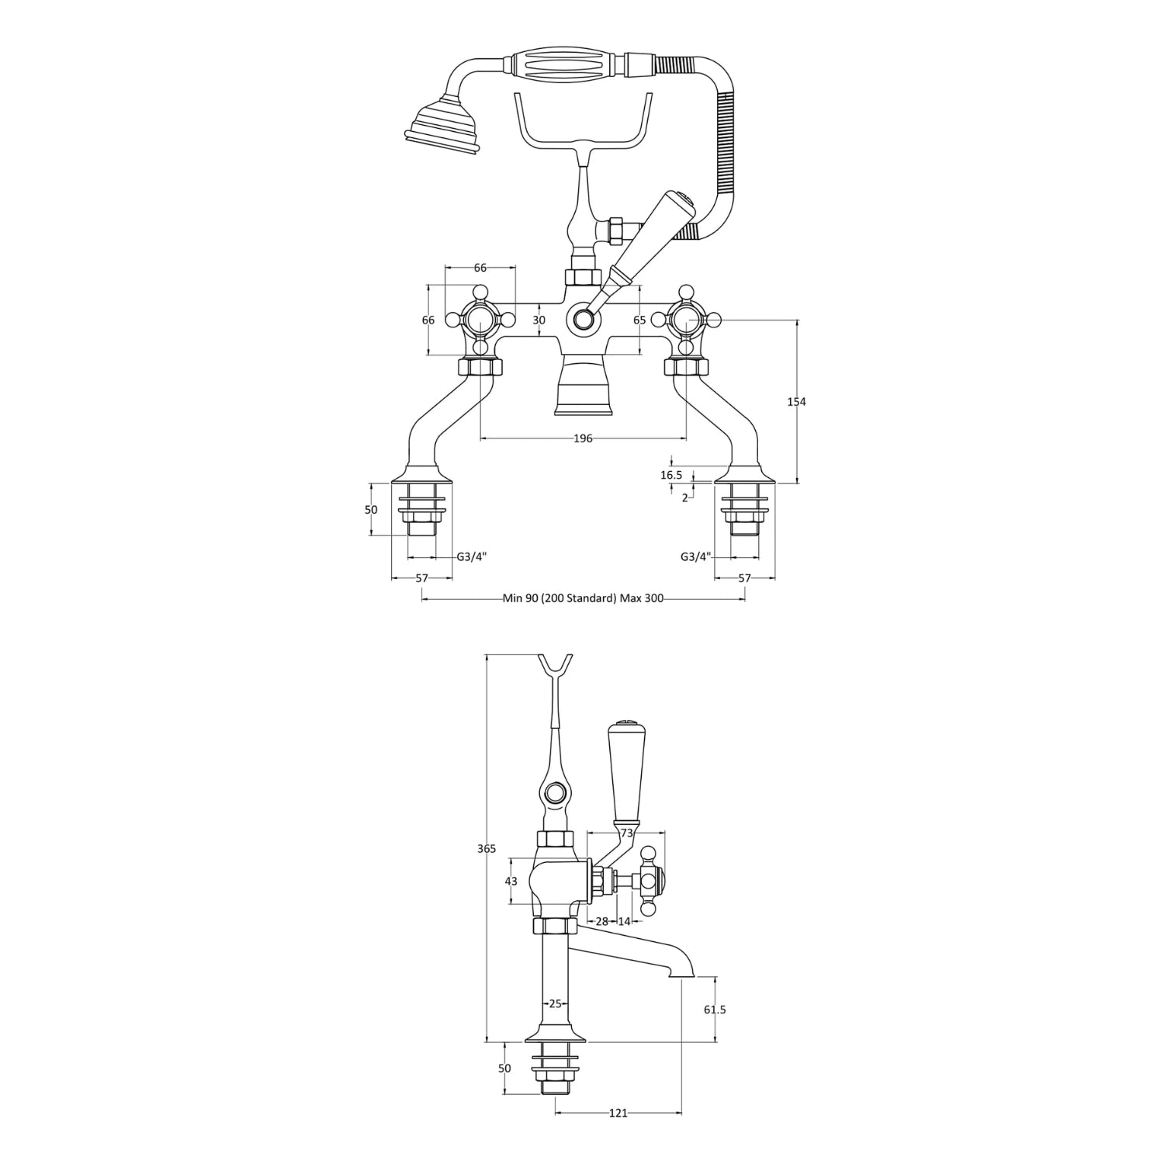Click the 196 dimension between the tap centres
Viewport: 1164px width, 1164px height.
[583, 438]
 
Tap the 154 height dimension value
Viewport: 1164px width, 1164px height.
[796, 401]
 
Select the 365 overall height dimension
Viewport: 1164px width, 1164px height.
[486, 849]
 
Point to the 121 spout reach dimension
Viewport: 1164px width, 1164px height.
[618, 1114]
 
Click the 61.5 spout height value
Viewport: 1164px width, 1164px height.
[715, 1010]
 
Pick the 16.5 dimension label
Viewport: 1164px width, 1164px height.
[671, 475]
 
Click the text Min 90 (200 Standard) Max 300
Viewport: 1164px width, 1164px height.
[583, 598]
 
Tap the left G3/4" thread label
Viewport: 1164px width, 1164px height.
[471, 556]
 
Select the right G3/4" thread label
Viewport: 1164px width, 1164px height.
[695, 556]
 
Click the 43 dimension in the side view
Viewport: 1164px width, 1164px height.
[511, 881]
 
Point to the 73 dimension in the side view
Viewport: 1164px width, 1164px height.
[627, 833]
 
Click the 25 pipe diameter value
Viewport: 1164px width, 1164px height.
[555, 1003]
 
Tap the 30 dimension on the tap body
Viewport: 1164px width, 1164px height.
[539, 320]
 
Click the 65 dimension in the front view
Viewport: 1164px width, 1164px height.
[639, 320]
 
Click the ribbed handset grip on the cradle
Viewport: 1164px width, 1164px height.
[565, 64]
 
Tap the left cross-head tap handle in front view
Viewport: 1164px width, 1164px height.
[479, 319]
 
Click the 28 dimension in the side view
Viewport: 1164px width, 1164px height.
[601, 921]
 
